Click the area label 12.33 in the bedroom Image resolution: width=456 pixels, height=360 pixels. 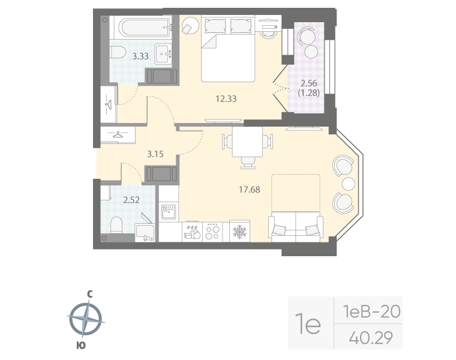pos(226,99)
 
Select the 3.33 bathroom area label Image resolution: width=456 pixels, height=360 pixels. pos(140,56)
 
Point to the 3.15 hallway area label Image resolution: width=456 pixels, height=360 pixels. pos(155,154)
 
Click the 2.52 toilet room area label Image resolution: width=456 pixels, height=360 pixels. pos(131,200)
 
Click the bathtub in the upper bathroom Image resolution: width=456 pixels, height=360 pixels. pos(144,27)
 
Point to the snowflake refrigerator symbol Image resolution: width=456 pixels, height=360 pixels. pos(239,231)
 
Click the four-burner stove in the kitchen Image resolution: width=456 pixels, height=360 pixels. pos(212,231)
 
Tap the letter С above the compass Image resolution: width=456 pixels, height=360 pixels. pos(89,294)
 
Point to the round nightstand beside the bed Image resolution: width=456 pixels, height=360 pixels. pos(191,26)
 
